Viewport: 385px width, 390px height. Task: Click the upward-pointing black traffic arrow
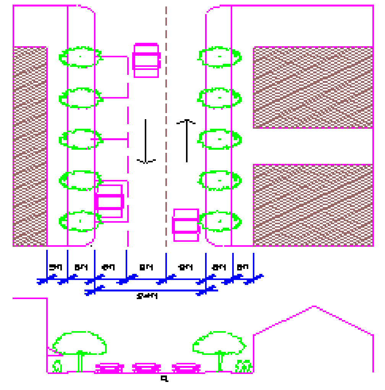pyautogui.click(x=187, y=141)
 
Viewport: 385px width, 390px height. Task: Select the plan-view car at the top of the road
pyautogui.click(x=146, y=60)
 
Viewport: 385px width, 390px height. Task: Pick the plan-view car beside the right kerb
pyautogui.click(x=186, y=225)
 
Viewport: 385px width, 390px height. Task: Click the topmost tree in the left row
pyautogui.click(x=80, y=57)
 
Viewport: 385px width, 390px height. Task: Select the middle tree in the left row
pyautogui.click(x=80, y=139)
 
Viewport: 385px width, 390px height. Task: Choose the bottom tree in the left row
pyautogui.click(x=80, y=221)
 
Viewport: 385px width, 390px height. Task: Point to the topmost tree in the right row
pyautogui.click(x=219, y=57)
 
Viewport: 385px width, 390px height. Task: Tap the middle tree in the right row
pyautogui.click(x=219, y=139)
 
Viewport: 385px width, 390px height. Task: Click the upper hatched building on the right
pyautogui.click(x=313, y=87)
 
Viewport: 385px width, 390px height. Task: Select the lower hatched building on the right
pyautogui.click(x=313, y=205)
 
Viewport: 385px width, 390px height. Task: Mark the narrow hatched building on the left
pyautogui.click(x=30, y=146)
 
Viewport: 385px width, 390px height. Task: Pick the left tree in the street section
pyautogui.click(x=79, y=346)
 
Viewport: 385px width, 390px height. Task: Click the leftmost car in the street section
pyautogui.click(x=110, y=368)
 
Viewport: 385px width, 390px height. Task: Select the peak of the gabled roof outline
pyautogui.click(x=314, y=306)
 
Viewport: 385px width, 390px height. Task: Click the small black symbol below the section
pyautogui.click(x=164, y=379)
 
